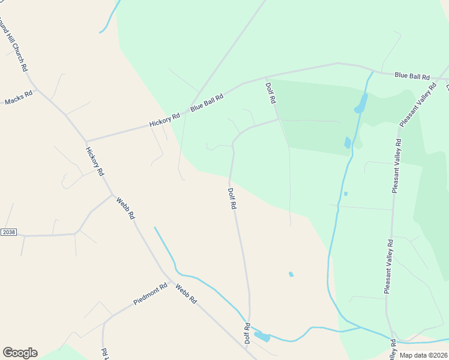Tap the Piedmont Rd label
pos(150,294)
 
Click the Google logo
pos(20,352)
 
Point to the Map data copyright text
pos(423,355)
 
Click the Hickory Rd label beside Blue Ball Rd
pos(165,120)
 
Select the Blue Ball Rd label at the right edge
pos(412,76)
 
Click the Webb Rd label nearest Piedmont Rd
pos(186,294)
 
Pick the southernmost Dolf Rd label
pos(247,333)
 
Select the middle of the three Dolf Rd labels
pos(232,198)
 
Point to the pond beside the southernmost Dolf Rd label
pos(262,337)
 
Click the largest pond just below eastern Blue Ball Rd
pos(361,103)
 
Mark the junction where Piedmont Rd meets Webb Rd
pos(170,282)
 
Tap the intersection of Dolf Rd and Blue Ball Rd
pos(266,77)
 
